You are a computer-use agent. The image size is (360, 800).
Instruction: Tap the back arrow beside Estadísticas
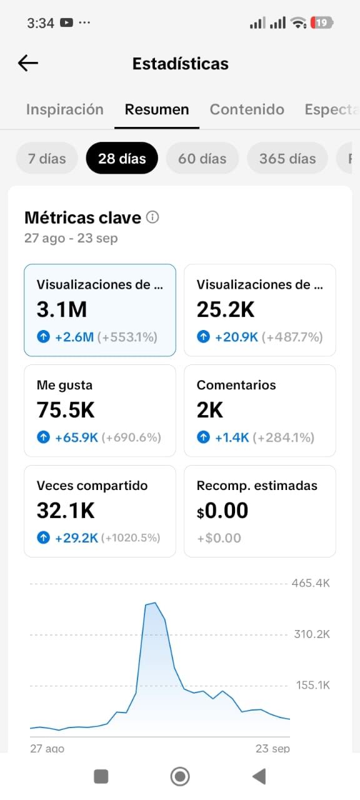28,63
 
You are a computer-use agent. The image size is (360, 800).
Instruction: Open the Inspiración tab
64,109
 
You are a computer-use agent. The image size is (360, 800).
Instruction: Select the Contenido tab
247,109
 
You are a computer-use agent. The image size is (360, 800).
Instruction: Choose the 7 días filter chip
47,158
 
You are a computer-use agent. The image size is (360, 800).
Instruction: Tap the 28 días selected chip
122,158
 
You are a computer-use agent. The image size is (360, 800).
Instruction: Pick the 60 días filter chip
202,158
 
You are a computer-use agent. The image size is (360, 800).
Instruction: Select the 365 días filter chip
287,158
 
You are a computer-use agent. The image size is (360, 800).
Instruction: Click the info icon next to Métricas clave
152,217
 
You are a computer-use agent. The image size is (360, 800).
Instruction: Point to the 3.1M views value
62,309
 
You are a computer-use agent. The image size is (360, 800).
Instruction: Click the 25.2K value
226,309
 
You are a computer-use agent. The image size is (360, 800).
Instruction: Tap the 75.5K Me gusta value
66,409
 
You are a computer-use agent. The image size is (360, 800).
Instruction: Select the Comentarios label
236,385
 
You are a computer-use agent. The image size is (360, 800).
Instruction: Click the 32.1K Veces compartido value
66,511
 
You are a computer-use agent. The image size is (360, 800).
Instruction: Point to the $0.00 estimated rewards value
222,511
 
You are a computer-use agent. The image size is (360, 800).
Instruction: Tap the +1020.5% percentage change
131,538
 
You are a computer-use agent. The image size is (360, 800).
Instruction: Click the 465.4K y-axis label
311,583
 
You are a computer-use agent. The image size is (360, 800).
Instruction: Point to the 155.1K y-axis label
313,685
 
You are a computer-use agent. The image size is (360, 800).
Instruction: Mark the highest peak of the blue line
155,603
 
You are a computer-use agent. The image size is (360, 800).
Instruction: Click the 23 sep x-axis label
272,748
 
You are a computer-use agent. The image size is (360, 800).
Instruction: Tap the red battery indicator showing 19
322,23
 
